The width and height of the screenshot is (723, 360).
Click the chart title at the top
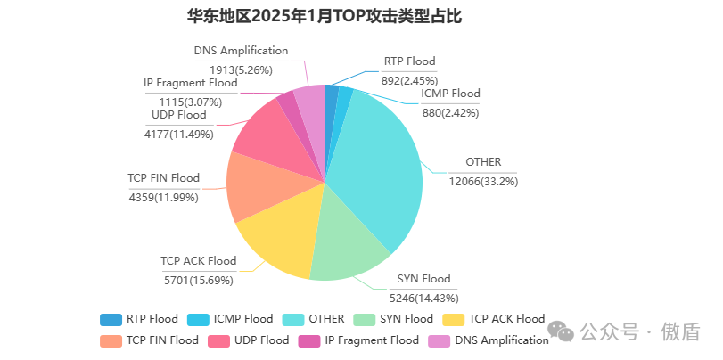click(324, 17)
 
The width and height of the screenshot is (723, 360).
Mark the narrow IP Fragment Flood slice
click(288, 110)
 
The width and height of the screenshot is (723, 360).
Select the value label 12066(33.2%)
click(484, 181)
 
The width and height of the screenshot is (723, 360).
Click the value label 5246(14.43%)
click(423, 298)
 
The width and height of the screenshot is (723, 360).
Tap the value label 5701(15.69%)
click(198, 280)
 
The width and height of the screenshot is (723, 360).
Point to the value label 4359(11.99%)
click(164, 197)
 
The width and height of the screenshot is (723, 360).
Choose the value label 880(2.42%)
click(450, 112)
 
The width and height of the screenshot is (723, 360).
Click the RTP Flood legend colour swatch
click(110, 319)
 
